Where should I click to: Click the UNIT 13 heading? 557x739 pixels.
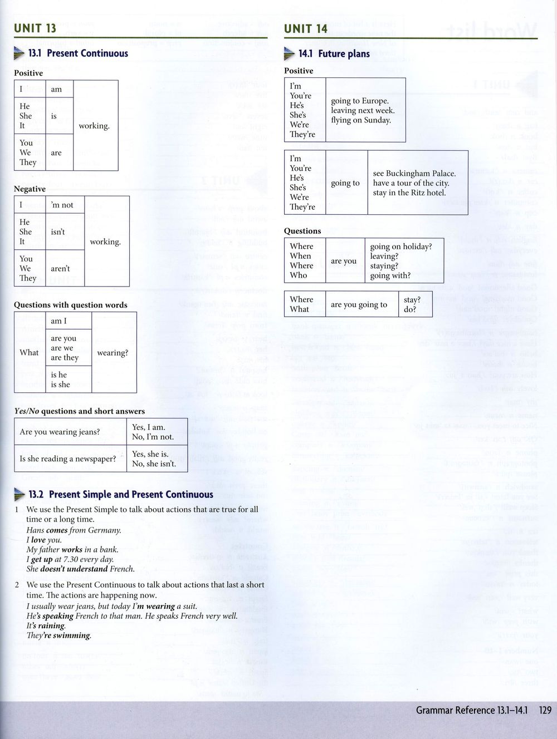pyautogui.click(x=35, y=28)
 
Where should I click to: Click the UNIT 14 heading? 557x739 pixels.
pyautogui.click(x=306, y=28)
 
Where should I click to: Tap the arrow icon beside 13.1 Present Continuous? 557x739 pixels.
pyautogui.click(x=20, y=54)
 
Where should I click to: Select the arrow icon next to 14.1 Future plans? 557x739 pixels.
pyautogui.click(x=290, y=54)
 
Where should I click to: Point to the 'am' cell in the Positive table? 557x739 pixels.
pyautogui.click(x=56, y=90)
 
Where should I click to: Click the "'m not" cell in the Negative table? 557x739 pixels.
pyautogui.click(x=62, y=205)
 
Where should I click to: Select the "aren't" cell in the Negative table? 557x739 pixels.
pyautogui.click(x=60, y=268)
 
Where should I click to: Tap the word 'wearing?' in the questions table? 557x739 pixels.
pyautogui.click(x=113, y=353)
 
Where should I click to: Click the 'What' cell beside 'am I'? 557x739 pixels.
pyautogui.click(x=29, y=353)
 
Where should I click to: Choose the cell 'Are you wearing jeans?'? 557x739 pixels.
pyautogui.click(x=60, y=432)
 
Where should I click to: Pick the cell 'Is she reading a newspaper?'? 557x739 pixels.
pyautogui.click(x=68, y=459)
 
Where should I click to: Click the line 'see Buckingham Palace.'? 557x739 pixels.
pyautogui.click(x=414, y=174)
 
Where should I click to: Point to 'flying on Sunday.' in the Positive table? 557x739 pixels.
pyautogui.click(x=361, y=120)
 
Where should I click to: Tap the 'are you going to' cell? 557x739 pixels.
pyautogui.click(x=359, y=304)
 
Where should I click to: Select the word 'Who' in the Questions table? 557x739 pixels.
pyautogui.click(x=298, y=275)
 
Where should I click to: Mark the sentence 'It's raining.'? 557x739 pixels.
pyautogui.click(x=46, y=625)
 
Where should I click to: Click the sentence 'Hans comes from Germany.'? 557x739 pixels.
pyautogui.click(x=74, y=530)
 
